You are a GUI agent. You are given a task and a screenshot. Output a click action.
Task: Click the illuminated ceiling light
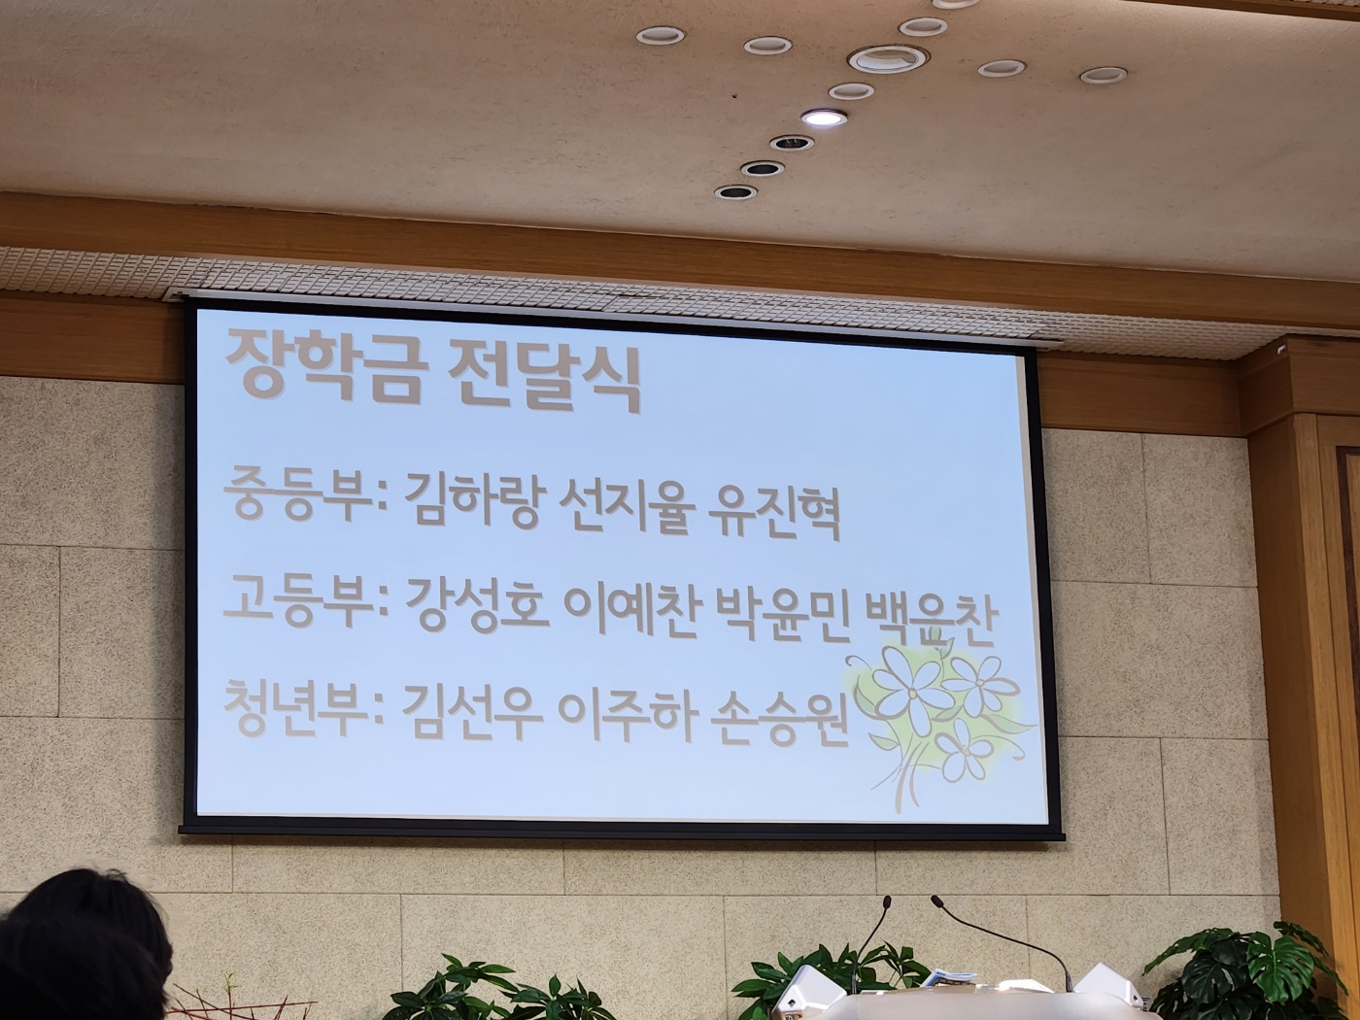coord(824,117)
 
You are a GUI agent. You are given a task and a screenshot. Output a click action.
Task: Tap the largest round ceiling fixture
coord(888,59)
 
